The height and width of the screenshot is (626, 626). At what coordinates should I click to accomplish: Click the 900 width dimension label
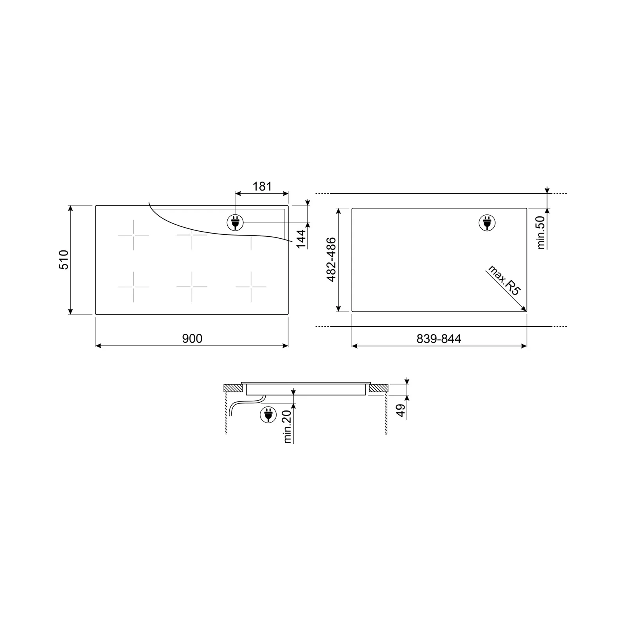point(192,338)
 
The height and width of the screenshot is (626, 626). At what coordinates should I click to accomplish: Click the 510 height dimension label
point(63,260)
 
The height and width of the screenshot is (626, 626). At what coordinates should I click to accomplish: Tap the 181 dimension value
point(262,186)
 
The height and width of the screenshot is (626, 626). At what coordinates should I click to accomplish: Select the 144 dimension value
point(301,239)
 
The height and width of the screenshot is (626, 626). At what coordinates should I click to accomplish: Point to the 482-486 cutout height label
point(331,259)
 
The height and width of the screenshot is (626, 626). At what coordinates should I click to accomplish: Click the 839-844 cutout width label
point(439,339)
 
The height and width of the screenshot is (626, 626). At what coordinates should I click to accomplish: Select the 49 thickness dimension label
point(401,410)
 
